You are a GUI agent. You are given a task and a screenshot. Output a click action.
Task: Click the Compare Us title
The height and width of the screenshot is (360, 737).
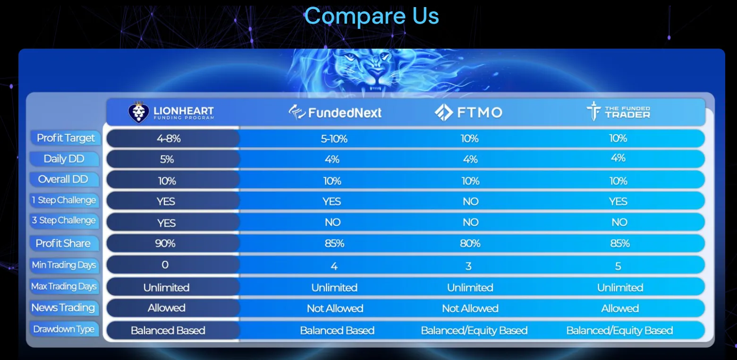372,16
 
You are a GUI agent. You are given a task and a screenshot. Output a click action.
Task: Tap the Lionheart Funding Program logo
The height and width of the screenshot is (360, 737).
171,112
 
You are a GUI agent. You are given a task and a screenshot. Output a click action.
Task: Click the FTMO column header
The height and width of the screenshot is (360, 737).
468,112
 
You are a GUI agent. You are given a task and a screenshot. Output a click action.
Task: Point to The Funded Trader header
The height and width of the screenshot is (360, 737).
618,112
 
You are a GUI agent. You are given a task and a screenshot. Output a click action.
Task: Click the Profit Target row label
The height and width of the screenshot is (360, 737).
66,138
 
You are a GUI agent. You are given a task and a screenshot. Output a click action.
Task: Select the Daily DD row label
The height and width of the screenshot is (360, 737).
64,159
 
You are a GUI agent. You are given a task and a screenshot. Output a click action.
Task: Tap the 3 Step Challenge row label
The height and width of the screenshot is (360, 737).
64,220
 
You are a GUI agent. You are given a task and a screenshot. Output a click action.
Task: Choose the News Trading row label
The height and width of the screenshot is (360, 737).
63,308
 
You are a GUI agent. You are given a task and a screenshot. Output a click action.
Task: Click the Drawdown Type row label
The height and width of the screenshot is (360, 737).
64,329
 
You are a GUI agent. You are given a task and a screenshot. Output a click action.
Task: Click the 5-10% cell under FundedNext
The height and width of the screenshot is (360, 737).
333,138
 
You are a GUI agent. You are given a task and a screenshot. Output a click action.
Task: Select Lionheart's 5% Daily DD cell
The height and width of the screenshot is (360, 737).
167,160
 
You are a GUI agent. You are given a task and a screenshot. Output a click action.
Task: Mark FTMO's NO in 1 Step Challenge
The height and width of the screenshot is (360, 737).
470,202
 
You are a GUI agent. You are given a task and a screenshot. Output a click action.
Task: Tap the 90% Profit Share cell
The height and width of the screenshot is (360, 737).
165,243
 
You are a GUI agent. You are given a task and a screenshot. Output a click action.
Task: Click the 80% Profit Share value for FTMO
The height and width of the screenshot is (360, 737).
470,243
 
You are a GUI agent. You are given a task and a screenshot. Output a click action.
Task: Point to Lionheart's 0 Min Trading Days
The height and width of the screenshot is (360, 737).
165,265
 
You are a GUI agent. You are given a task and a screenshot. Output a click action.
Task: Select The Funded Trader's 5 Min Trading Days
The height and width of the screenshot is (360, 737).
618,266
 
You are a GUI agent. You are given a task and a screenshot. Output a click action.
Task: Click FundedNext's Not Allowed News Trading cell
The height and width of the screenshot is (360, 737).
335,309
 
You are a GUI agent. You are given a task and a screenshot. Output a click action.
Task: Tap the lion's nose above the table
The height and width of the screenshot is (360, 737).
376,72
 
